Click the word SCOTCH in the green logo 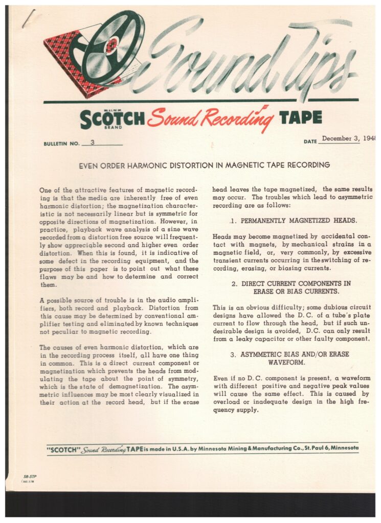click(x=113, y=119)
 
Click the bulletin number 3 click(x=92, y=142)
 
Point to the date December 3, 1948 click(x=348, y=138)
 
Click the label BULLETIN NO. click(x=61, y=144)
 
